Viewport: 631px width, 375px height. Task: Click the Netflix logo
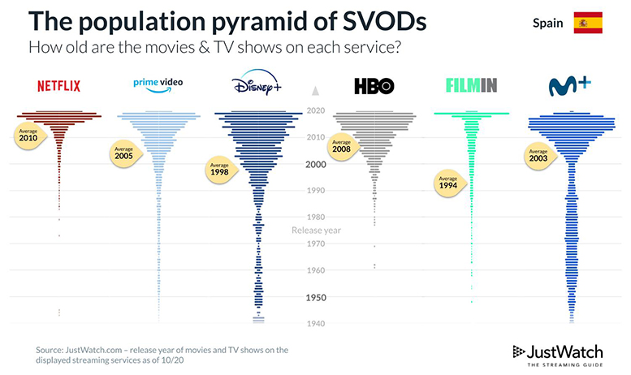[58, 86]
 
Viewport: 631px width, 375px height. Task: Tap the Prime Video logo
[158, 84]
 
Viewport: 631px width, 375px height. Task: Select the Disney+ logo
[257, 84]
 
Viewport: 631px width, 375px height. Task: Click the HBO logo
[374, 86]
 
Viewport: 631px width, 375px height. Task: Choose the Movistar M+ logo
[570, 84]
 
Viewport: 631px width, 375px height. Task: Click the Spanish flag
[587, 23]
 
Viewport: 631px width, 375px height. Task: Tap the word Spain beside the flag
[547, 23]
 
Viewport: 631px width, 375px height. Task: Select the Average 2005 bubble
[123, 153]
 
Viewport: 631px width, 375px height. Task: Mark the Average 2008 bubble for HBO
[341, 146]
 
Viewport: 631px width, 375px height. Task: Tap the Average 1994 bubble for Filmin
[448, 181]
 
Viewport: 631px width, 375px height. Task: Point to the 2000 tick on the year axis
[316, 164]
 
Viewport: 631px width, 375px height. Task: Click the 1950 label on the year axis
[316, 297]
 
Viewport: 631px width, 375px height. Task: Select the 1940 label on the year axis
[316, 324]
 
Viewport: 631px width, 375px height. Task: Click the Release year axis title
[316, 230]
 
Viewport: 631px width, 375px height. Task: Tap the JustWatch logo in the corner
[559, 354]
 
